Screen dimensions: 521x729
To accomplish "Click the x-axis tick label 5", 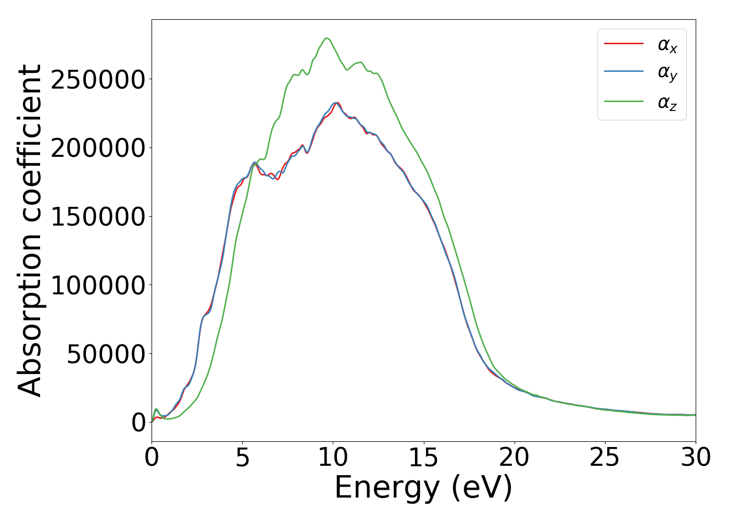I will pos(243,458).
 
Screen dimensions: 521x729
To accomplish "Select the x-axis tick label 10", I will pos(333,458).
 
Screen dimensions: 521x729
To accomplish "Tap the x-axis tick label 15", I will pos(424,458).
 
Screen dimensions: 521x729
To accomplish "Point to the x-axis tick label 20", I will pos(514,458).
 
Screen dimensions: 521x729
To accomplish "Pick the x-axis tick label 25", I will pos(605,458).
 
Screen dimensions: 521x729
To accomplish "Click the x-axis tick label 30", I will pos(696,458).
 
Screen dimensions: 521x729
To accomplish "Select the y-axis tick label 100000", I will pos(97,286).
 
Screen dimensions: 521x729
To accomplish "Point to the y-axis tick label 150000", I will pos(97,217).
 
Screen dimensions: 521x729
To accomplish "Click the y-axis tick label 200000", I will pos(97,148).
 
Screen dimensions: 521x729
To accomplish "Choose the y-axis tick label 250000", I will pos(97,80).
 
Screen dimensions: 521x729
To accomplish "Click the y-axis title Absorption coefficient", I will pos(30,230).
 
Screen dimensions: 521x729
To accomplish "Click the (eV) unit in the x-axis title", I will pos(482,488).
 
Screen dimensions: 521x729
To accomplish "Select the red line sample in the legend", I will pos(624,44).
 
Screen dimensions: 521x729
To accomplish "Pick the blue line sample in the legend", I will pos(624,72).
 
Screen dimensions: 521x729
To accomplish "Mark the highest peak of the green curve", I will pos(327,38).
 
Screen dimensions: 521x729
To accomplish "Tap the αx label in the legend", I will pos(667,45).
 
